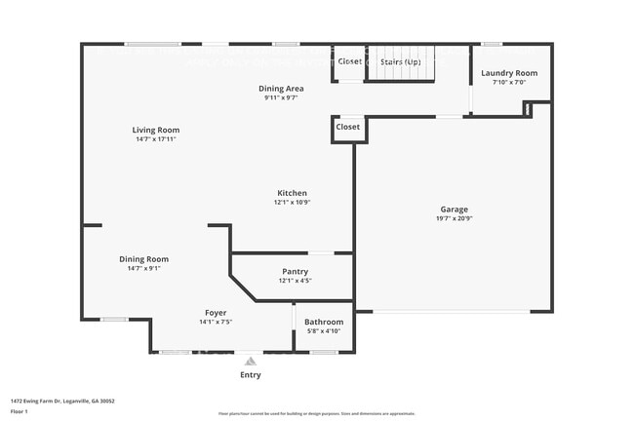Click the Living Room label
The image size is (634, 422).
tap(156, 130)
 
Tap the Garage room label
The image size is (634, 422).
tap(454, 210)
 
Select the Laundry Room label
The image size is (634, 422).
tap(508, 73)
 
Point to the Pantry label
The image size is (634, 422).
tap(294, 272)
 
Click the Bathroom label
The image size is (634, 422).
tap(324, 322)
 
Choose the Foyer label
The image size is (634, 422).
tap(216, 313)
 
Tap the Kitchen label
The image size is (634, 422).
tap(292, 193)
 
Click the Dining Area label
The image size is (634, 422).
tap(281, 89)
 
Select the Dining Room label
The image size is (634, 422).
tap(144, 259)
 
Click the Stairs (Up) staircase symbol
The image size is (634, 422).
tap(400, 62)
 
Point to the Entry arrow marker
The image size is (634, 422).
tap(251, 361)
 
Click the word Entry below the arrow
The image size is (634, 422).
tap(251, 374)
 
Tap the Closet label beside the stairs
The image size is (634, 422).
tap(350, 60)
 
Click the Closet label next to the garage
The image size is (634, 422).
tap(348, 127)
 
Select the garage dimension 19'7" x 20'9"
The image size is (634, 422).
tap(454, 219)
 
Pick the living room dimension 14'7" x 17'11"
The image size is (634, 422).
tap(156, 139)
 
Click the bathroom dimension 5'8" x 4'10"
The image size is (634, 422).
tap(324, 331)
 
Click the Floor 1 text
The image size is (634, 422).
tap(20, 411)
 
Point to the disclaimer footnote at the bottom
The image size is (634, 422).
tap(317, 414)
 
